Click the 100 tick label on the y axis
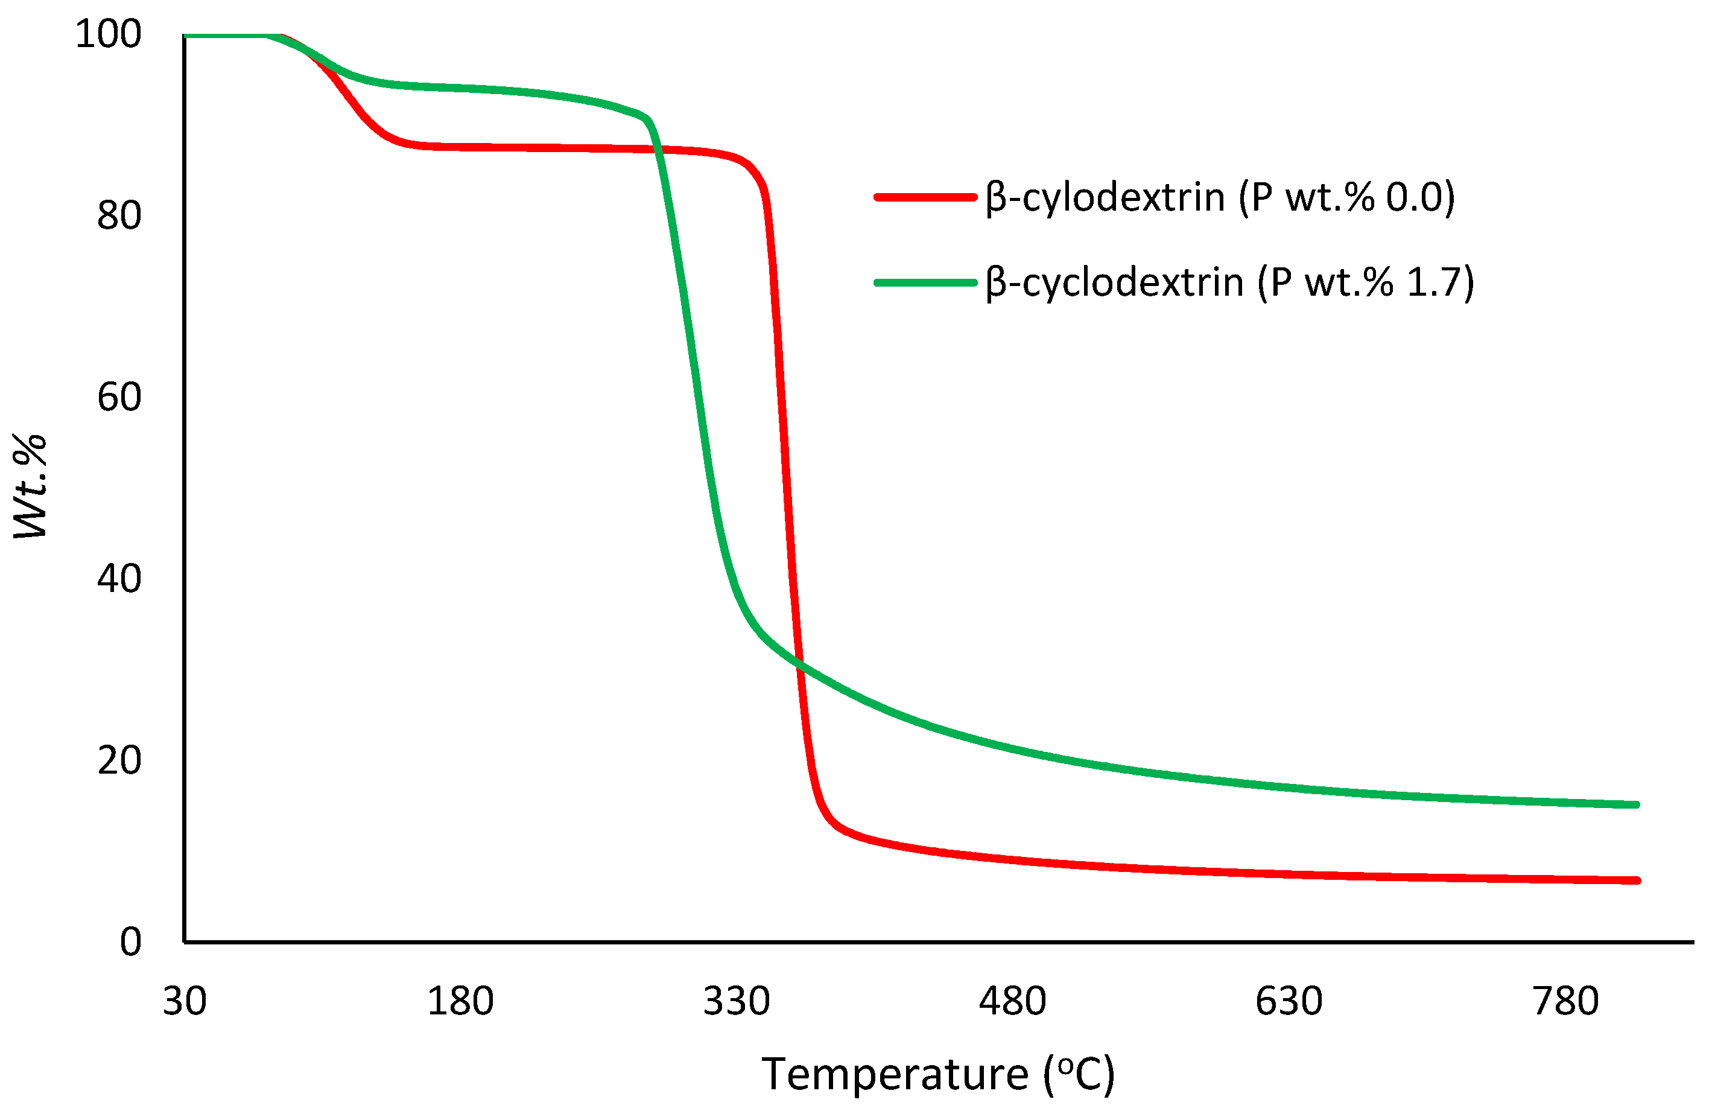coord(108,34)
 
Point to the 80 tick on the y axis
coord(119,215)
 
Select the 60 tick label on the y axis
coord(119,397)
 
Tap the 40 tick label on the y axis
coord(119,579)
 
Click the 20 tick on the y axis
coord(119,760)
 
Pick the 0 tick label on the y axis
coord(130,942)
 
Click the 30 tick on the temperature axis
coord(184,1001)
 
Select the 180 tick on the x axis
coord(460,1001)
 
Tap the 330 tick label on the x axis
coord(737,1001)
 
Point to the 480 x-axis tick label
coord(1012,1001)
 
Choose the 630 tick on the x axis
coord(1289,1001)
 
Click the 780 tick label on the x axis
coord(1565,1001)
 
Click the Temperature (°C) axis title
coord(938,1075)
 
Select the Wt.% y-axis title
coord(30,486)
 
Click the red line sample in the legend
coord(925,197)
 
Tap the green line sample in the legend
coord(925,283)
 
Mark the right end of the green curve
coord(1637,804)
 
